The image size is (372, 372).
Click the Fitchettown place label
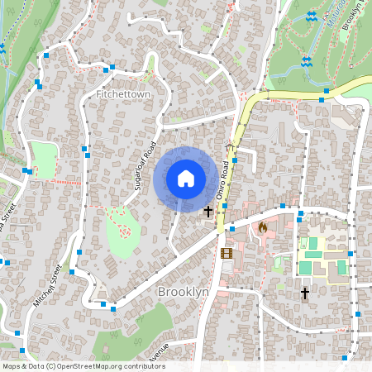(123, 95)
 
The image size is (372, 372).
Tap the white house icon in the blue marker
(186, 178)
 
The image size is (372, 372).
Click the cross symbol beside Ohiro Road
(207, 212)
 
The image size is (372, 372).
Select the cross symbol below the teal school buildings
(304, 293)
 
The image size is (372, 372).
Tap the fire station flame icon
(263, 227)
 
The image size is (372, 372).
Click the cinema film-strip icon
(227, 252)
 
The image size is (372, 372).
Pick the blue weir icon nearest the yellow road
(306, 61)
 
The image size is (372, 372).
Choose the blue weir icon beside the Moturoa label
(312, 17)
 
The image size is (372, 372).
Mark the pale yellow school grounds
(322, 255)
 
